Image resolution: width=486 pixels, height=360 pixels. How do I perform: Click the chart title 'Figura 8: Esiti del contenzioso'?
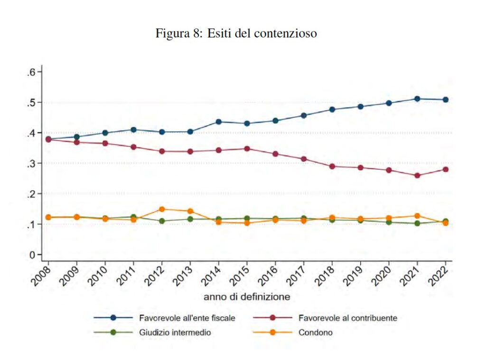pos(236,34)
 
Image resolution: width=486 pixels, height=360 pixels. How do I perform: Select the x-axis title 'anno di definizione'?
pos(247,297)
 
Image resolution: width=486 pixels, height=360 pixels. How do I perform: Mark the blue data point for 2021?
pos(417,99)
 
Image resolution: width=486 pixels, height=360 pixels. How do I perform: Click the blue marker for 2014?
pos(218,122)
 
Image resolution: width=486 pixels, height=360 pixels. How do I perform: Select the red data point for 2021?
pos(417,175)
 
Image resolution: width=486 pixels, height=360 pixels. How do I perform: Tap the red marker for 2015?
pos(247,148)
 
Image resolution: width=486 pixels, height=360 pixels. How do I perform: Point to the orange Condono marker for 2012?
pos(162,209)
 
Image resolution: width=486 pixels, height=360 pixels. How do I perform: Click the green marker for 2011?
pos(133,217)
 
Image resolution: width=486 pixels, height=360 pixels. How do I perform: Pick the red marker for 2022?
pos(446,169)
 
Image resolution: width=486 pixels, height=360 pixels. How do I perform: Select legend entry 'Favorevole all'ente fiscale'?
pos(187,318)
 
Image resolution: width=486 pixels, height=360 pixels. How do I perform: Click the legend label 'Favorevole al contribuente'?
pos(347,318)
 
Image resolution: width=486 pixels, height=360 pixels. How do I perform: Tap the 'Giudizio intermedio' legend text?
pos(175,332)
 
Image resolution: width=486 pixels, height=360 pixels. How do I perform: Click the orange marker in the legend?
pos(272,332)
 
